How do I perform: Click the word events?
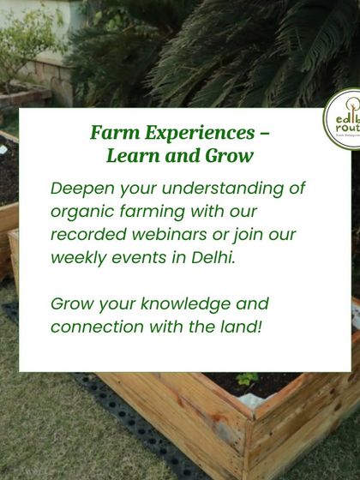(x=142, y=257)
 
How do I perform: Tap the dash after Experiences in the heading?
(x=265, y=135)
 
